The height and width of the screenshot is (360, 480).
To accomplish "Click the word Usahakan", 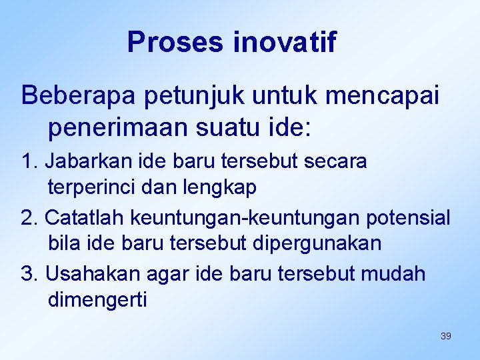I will pyautogui.click(x=87, y=273).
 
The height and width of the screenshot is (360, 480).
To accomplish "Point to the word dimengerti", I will pyautogui.click(x=97, y=301).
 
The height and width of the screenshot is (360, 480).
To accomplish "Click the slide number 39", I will pyautogui.click(x=446, y=336).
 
